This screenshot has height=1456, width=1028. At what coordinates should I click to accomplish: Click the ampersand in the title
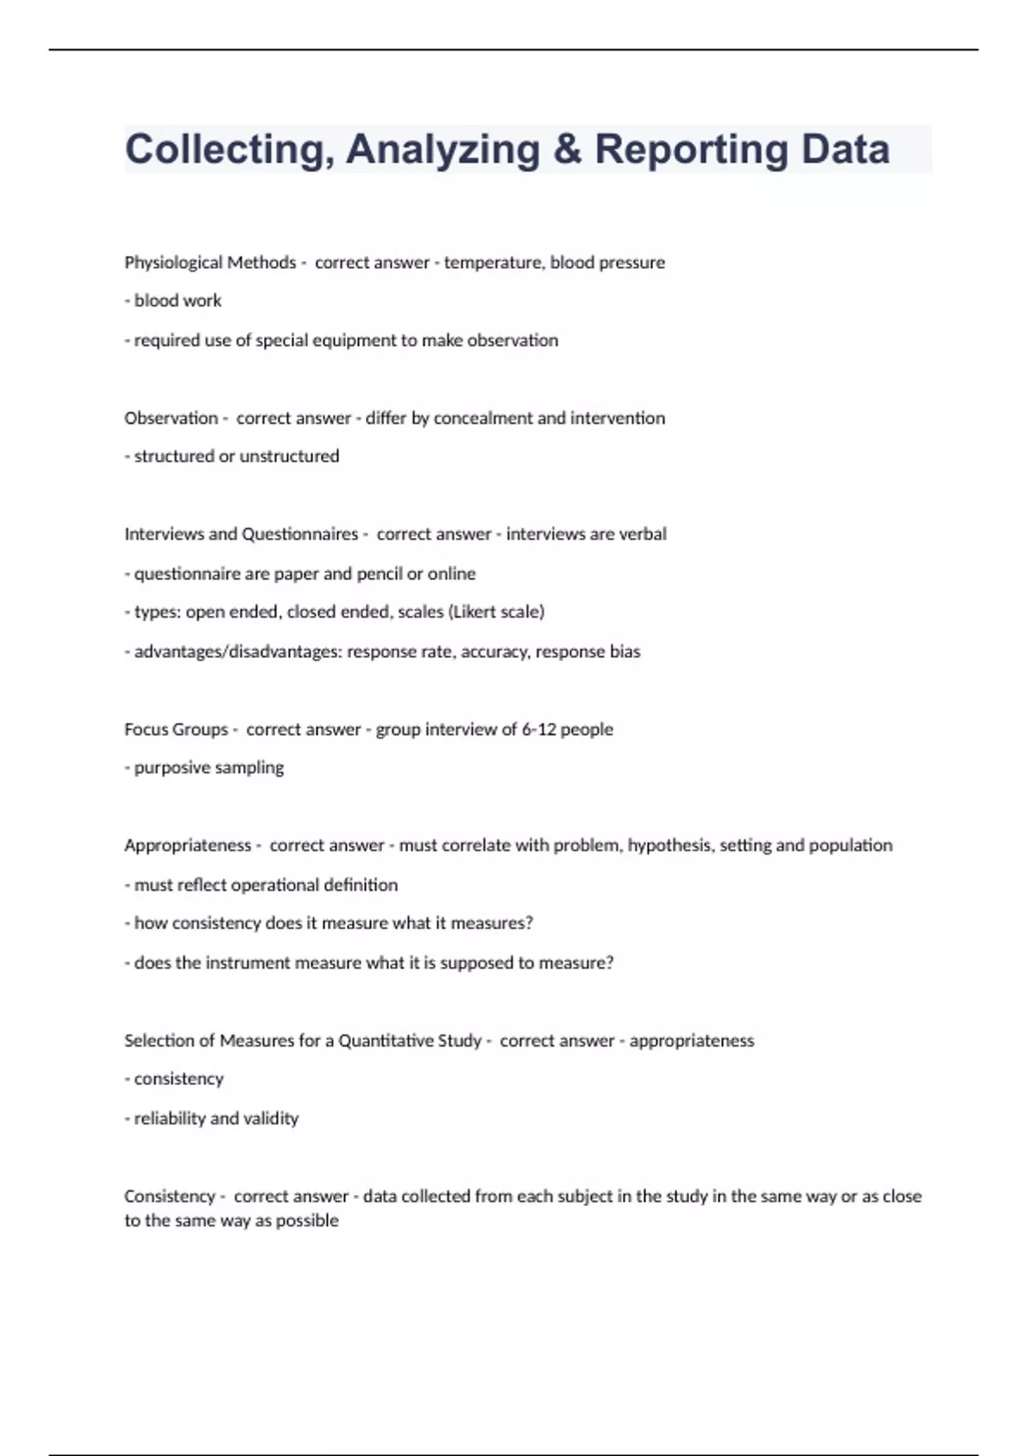click(567, 149)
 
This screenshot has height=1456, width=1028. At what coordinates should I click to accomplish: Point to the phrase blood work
click(177, 301)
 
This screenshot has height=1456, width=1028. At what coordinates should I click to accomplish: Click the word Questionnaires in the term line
click(300, 534)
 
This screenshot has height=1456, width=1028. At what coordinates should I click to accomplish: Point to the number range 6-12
click(540, 730)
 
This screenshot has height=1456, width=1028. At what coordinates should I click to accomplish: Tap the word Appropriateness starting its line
click(188, 845)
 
